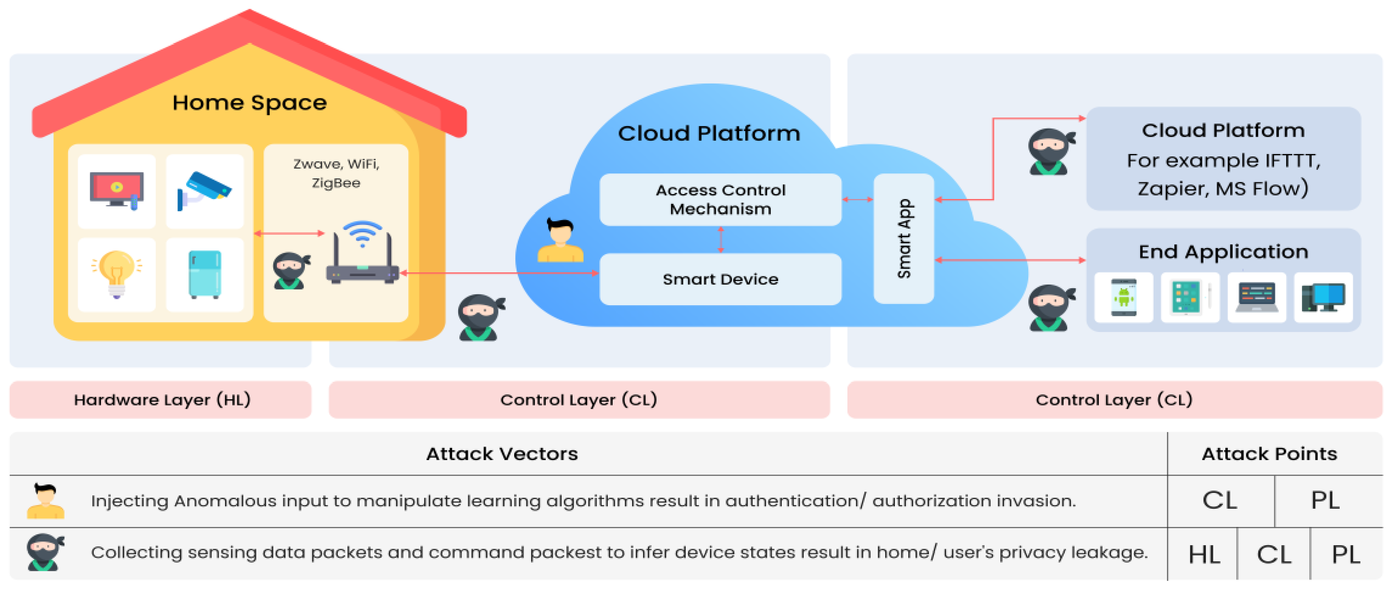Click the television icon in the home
[x=117, y=190]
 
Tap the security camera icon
[x=204, y=190]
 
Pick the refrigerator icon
[x=205, y=274]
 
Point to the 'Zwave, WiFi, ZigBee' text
[x=336, y=173]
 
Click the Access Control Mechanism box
[x=720, y=199]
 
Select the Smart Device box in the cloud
[x=720, y=279]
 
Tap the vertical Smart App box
[x=903, y=238]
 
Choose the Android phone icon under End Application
[x=1124, y=297]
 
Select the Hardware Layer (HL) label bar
[x=161, y=400]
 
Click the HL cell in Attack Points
[x=1203, y=554]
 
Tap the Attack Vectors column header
[x=502, y=454]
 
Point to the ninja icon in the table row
[x=45, y=552]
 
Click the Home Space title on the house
[x=249, y=103]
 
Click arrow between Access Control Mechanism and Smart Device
[x=720, y=239]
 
